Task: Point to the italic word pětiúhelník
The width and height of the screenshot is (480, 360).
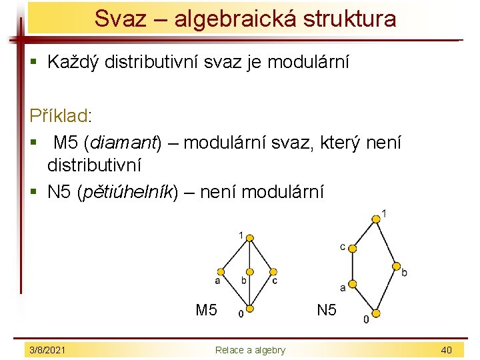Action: click(x=125, y=193)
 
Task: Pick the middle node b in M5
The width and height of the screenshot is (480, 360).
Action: click(x=249, y=272)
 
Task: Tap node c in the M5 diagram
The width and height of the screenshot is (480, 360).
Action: click(x=273, y=272)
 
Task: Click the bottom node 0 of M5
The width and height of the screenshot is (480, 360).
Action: click(x=249, y=309)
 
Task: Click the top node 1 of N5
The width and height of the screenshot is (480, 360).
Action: click(x=377, y=217)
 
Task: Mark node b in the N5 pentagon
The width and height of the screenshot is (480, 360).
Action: click(x=396, y=265)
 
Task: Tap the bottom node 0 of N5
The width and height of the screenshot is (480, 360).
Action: click(x=375, y=313)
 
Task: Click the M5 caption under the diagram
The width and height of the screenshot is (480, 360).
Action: click(x=206, y=310)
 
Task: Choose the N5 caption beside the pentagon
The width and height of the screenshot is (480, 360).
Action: click(x=327, y=310)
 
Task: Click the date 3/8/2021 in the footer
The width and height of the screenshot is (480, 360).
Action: click(x=47, y=350)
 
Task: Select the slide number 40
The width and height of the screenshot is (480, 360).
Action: click(x=446, y=350)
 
